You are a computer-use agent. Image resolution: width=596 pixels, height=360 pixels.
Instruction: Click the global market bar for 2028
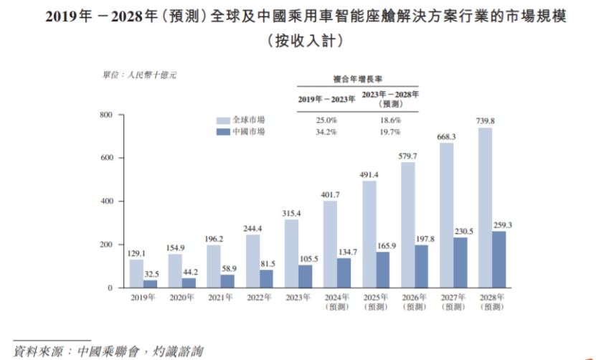(x=485, y=208)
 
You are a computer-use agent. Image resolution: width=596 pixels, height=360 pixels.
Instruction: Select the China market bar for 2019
(x=150, y=284)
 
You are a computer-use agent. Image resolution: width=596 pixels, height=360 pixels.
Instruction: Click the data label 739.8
(x=485, y=121)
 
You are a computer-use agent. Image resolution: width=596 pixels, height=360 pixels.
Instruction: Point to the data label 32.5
(x=151, y=274)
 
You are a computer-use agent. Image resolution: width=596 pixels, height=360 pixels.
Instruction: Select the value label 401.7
(x=330, y=195)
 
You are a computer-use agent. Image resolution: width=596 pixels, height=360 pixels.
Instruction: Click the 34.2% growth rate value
(x=326, y=132)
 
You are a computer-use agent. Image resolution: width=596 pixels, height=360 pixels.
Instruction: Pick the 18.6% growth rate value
(x=389, y=120)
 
